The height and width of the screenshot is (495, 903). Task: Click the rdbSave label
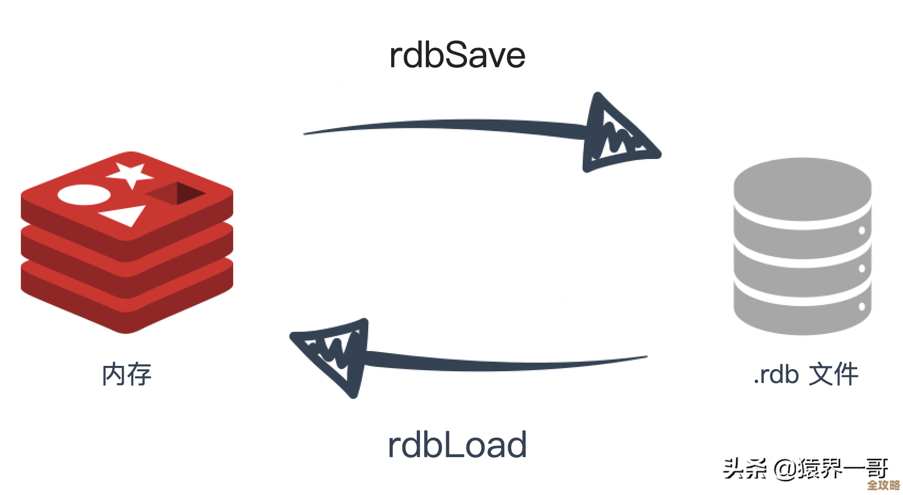pos(457,55)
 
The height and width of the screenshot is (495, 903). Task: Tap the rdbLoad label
pos(457,445)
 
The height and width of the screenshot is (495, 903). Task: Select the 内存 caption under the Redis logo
pos(126,374)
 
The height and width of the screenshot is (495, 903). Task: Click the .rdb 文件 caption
pos(805,374)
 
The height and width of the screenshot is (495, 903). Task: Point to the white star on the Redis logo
pos(130,174)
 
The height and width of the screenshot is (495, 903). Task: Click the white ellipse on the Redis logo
pos(84,195)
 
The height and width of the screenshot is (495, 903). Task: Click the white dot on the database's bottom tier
pos(861,307)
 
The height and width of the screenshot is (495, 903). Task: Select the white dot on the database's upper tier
pos(861,230)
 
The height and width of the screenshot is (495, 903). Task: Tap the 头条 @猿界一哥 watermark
pos(805,468)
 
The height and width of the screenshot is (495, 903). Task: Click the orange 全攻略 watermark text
pos(883,485)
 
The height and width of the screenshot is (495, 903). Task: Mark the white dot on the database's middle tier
pos(861,268)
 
